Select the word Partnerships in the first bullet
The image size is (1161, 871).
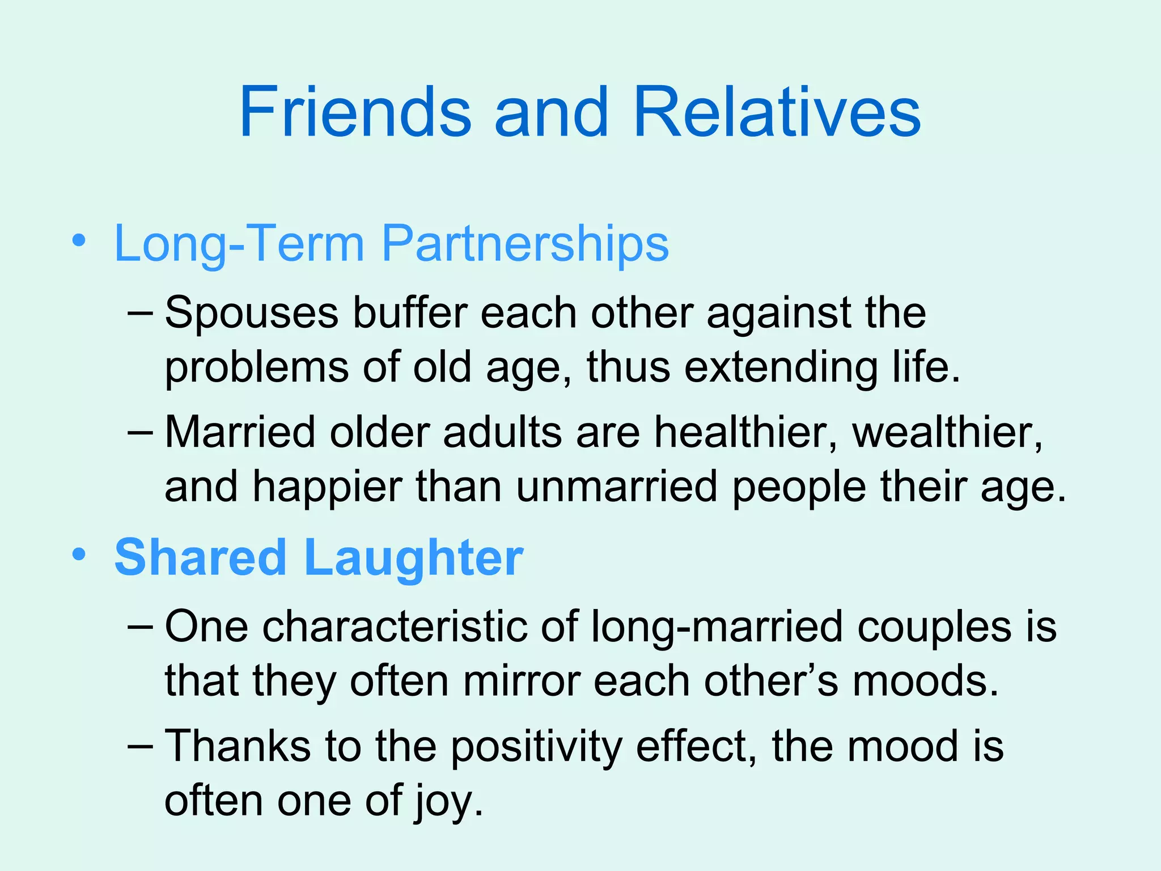pos(526,244)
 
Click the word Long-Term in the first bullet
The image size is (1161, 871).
pos(239,244)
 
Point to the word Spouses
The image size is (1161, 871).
pos(252,314)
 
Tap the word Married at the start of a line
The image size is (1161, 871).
pos(240,433)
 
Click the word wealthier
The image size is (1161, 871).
pos(947,433)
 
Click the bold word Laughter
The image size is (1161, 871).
pos(414,557)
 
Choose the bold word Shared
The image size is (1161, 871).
pos(200,557)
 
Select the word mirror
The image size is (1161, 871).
pos(522,681)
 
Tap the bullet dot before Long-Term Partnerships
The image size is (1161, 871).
pos(79,240)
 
